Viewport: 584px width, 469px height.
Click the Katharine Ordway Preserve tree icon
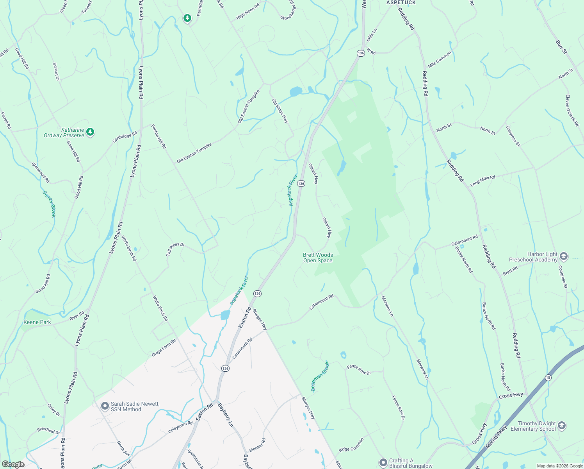tap(90, 132)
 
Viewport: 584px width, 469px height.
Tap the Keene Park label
tap(37, 322)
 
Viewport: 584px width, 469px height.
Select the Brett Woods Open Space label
tap(318, 258)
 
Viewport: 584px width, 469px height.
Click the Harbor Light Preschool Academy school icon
tap(563, 256)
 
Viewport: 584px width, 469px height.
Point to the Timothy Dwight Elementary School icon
tap(562, 426)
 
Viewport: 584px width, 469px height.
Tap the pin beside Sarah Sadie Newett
tap(105, 406)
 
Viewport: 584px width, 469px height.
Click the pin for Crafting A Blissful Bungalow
tap(383, 463)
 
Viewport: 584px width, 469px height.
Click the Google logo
tap(13, 464)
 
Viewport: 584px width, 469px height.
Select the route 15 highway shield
tap(548, 378)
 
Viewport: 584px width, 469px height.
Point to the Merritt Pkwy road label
tap(496, 436)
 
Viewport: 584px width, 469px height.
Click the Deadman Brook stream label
tap(320, 376)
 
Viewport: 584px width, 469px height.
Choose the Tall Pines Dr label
tap(175, 249)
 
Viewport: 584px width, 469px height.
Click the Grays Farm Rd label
tap(164, 348)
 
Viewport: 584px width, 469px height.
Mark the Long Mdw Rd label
tap(483, 181)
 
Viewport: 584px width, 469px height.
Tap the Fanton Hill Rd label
tap(159, 136)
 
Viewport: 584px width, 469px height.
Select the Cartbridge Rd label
tap(125, 137)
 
